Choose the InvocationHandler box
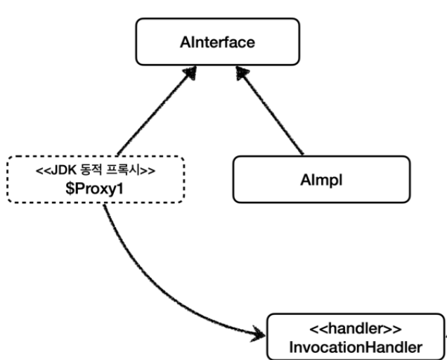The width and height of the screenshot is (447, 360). pyautogui.click(x=355, y=337)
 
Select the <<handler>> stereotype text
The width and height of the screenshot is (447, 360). pyautogui.click(x=355, y=328)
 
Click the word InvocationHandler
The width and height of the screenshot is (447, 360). pyautogui.click(x=355, y=345)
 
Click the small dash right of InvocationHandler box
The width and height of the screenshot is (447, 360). pyautogui.click(x=445, y=336)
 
